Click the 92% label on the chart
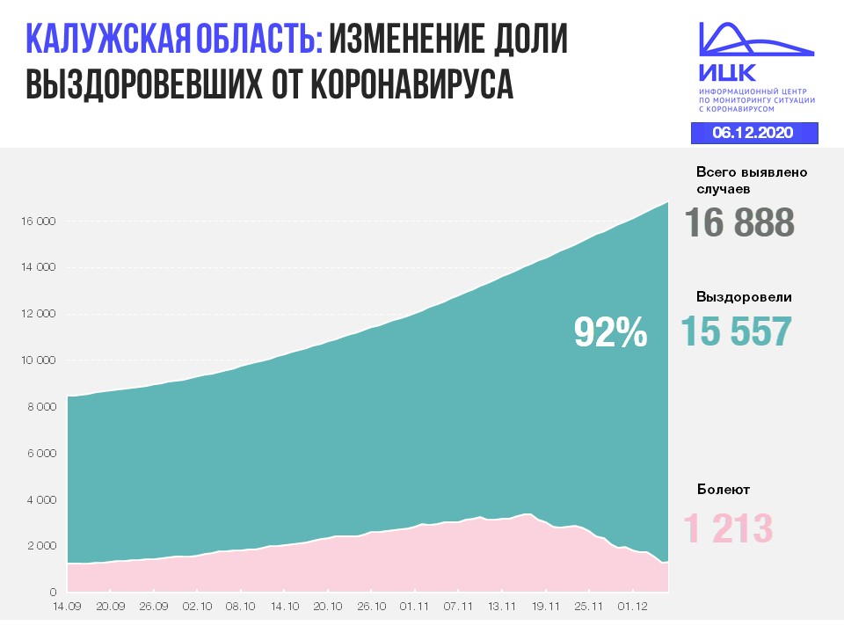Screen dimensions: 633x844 tap(610, 331)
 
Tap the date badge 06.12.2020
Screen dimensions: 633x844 tap(753, 133)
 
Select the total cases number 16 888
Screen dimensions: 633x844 tap(739, 222)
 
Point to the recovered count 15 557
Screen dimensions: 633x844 tap(737, 331)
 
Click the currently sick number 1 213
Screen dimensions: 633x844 tap(729, 529)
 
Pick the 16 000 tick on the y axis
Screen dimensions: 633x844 tap(37, 222)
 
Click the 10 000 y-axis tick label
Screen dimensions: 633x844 tap(37, 360)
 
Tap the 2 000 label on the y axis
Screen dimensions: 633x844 tap(40, 546)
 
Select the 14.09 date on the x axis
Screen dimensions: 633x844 tap(67, 606)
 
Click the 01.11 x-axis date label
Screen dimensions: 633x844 tap(414, 606)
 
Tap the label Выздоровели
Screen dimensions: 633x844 tap(744, 297)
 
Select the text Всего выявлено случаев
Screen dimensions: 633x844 tap(751, 180)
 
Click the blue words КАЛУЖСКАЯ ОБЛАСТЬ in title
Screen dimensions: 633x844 tap(174, 40)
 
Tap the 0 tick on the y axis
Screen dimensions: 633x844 tap(52, 593)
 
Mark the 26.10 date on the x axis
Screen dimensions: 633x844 tap(371, 606)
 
